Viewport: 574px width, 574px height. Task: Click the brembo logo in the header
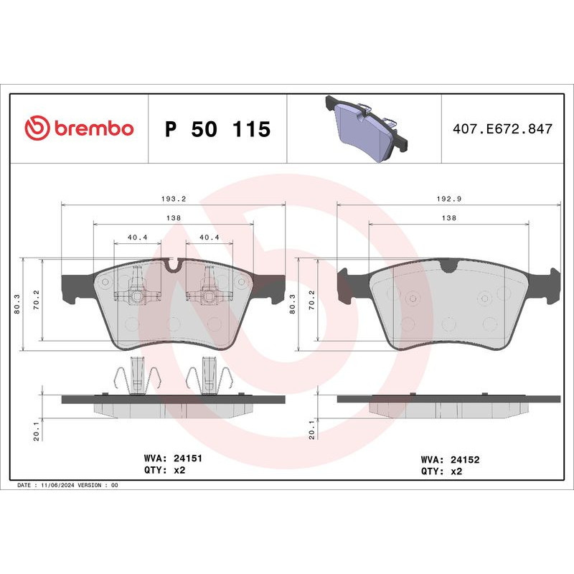[x=79, y=128]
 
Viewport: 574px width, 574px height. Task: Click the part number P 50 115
[x=217, y=129]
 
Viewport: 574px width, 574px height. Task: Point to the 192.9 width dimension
[x=448, y=199]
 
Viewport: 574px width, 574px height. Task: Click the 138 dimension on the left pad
[x=174, y=217]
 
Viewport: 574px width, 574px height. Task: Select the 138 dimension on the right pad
[x=448, y=217]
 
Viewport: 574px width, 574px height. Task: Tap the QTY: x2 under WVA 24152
[x=441, y=471]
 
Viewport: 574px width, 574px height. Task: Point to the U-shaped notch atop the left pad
[x=172, y=266]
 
